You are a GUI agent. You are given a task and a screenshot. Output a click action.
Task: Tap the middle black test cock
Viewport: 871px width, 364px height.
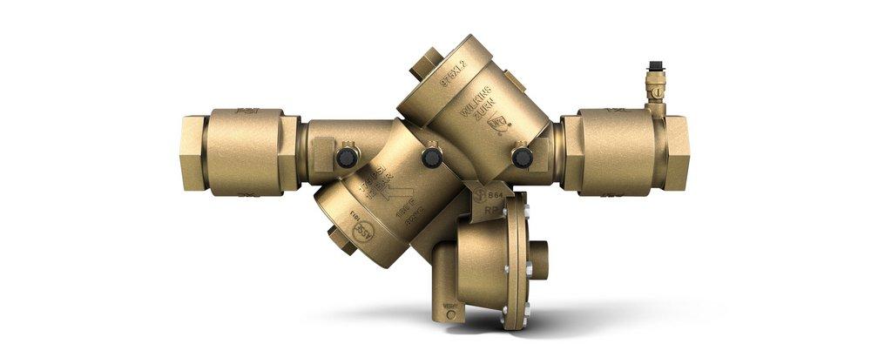tap(430, 157)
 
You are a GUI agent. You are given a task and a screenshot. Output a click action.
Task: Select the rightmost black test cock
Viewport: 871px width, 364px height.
tap(522, 157)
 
